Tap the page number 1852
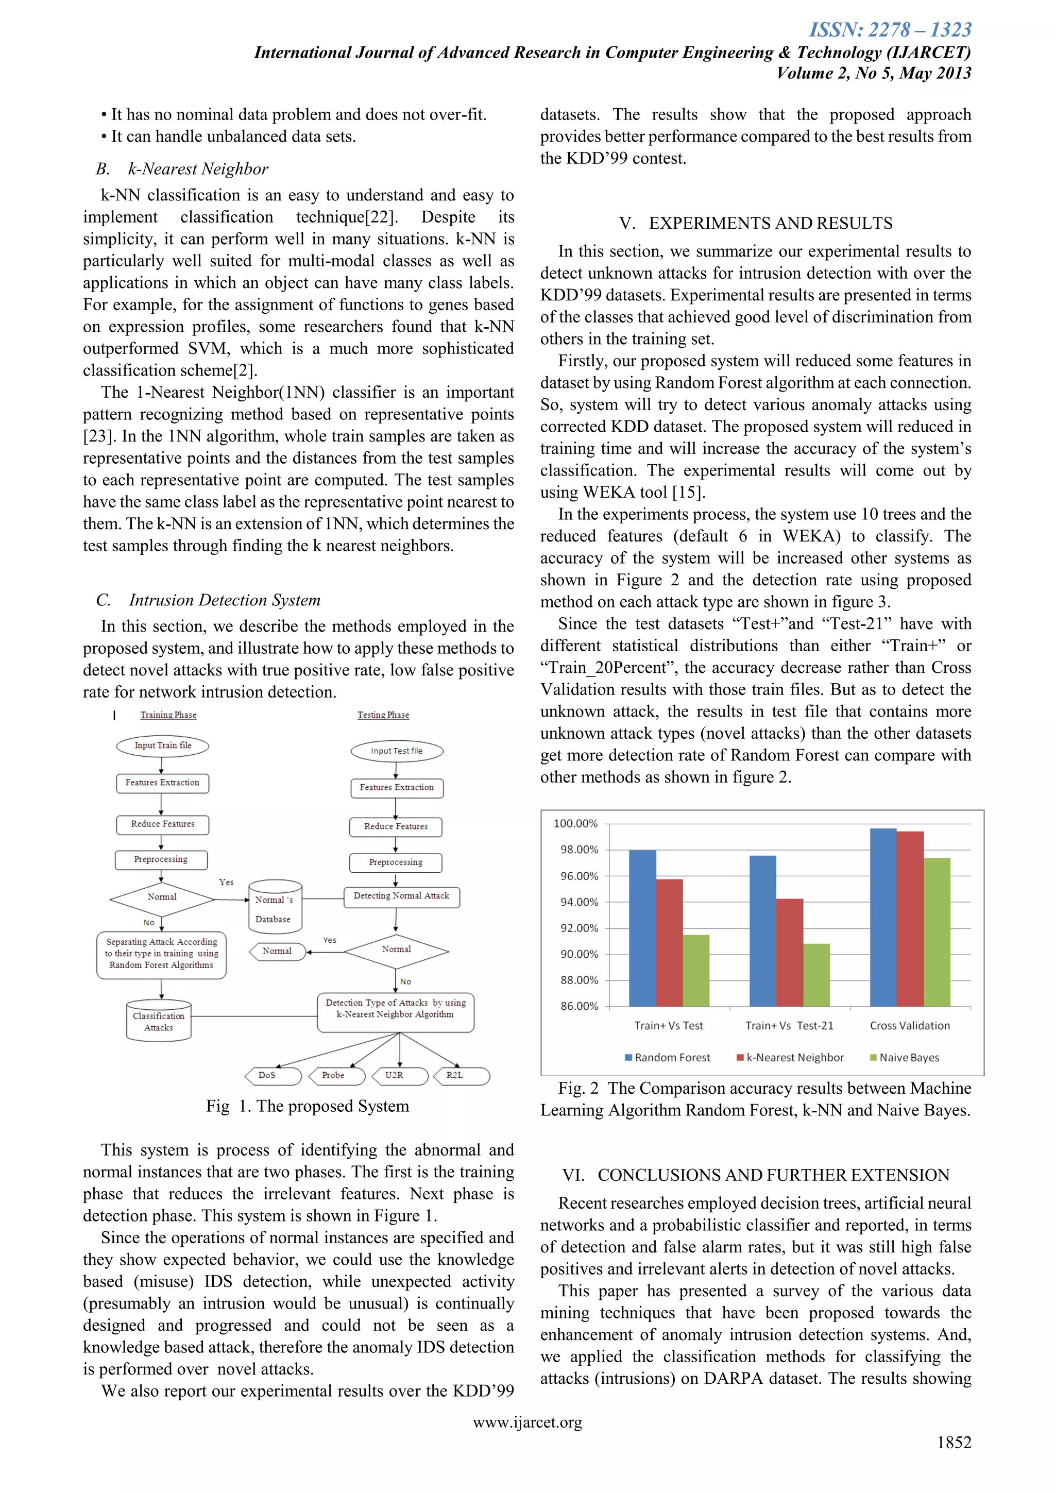(x=953, y=1442)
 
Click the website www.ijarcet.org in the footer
(x=527, y=1422)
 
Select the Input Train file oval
(x=162, y=745)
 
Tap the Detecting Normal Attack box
(x=401, y=896)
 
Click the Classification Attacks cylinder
(x=159, y=1021)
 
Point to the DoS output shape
(x=272, y=1075)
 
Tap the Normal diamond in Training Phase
(x=162, y=897)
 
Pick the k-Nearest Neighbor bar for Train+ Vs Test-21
(x=789, y=953)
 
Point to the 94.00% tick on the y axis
(x=579, y=902)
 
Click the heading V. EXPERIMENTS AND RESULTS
(x=756, y=223)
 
